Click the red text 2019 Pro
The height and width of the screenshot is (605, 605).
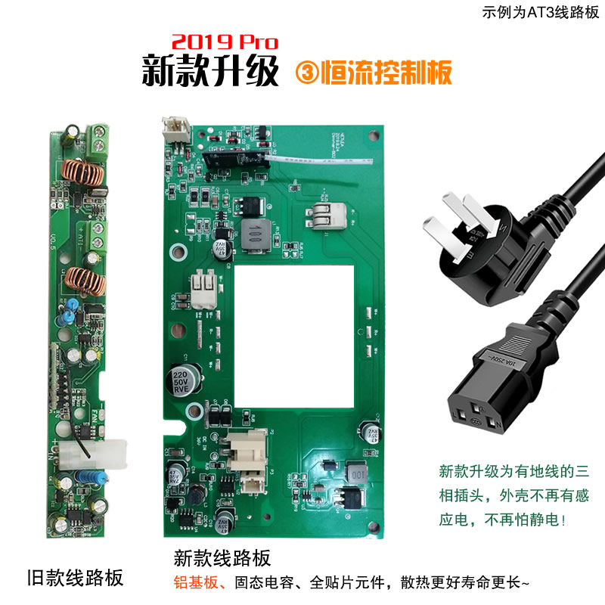[x=225, y=41]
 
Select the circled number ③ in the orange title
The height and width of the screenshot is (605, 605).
[x=308, y=72]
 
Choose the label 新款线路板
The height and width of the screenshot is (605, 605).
[x=222, y=559]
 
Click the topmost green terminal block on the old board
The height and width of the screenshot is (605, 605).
[x=97, y=138]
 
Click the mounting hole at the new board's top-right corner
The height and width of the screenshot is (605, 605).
[x=373, y=138]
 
